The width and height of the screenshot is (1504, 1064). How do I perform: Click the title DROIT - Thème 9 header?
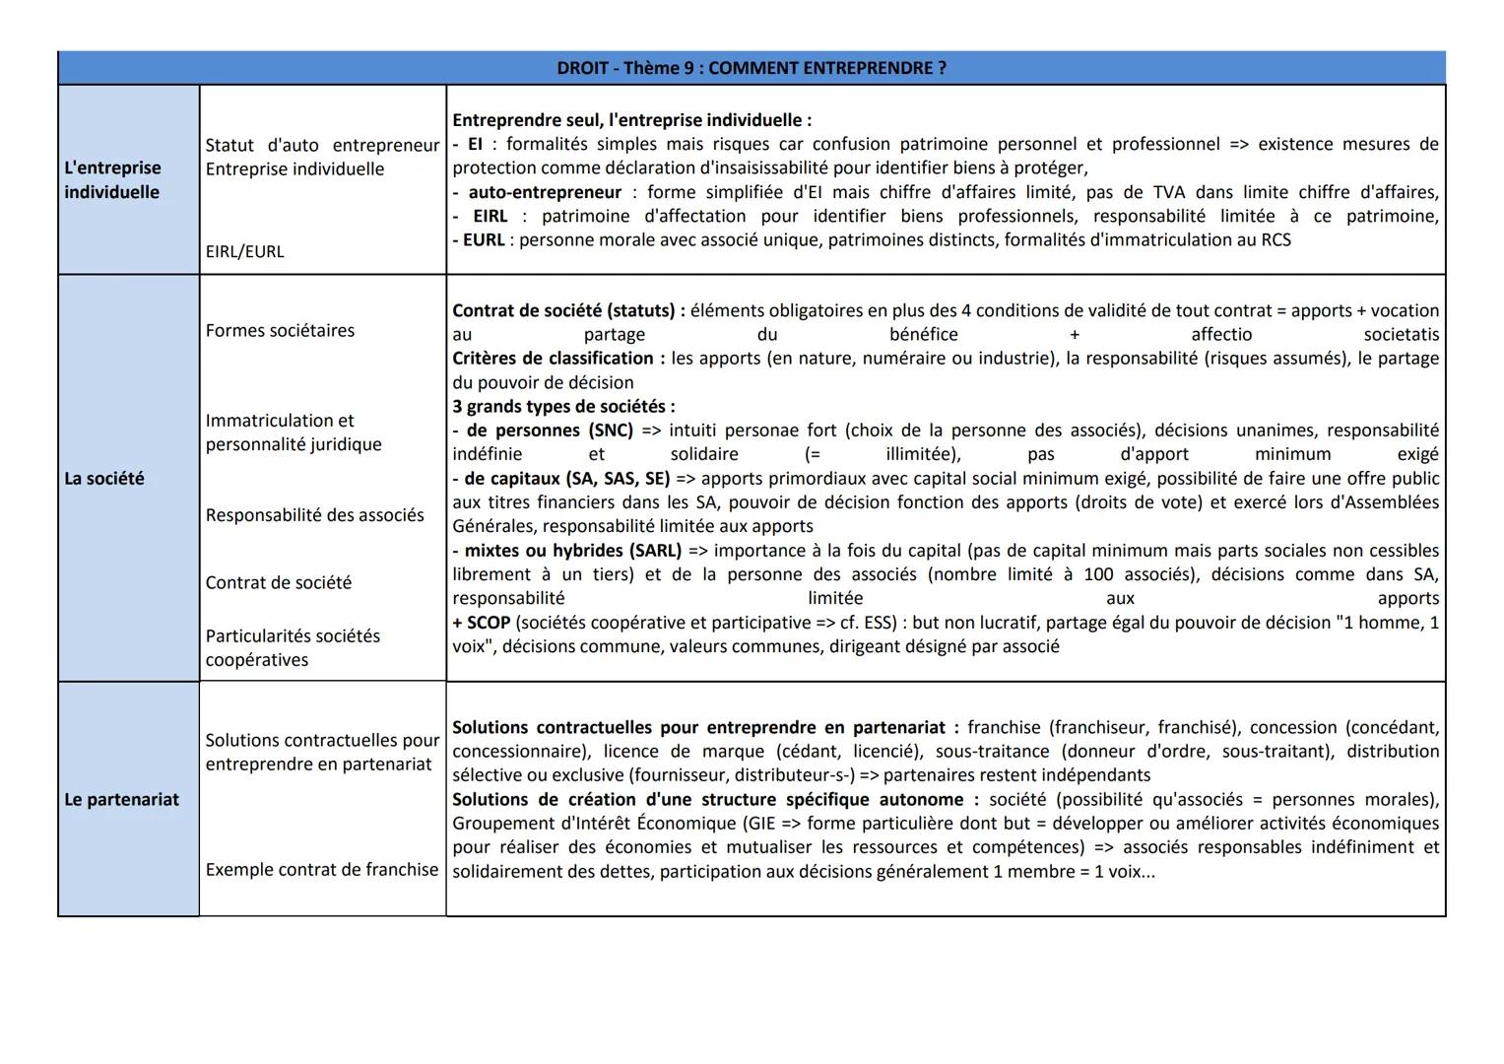751,68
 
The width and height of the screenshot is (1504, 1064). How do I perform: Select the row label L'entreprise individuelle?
112,179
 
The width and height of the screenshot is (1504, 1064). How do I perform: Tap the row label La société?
104,479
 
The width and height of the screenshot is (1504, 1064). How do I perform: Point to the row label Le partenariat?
121,800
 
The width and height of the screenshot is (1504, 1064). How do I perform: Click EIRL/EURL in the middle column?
244,252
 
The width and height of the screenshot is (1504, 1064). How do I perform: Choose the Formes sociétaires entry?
280,331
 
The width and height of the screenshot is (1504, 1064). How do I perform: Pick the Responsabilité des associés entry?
314,515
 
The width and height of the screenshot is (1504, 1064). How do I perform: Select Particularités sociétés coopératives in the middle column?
292,648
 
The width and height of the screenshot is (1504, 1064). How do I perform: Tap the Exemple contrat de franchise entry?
321,870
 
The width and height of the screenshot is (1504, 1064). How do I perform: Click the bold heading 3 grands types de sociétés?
562,407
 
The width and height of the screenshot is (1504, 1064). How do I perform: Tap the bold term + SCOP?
482,623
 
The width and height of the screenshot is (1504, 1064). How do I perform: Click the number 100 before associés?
1098,574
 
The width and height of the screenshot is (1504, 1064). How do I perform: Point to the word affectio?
1221,335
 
